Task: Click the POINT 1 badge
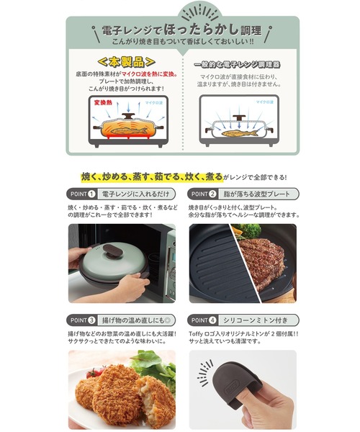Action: click(83, 194)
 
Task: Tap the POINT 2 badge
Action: click(204, 194)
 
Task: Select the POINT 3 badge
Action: click(83, 319)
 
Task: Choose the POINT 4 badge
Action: click(204, 319)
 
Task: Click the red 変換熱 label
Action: click(102, 103)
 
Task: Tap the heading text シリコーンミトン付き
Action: click(253, 319)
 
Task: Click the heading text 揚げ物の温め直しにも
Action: click(132, 319)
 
